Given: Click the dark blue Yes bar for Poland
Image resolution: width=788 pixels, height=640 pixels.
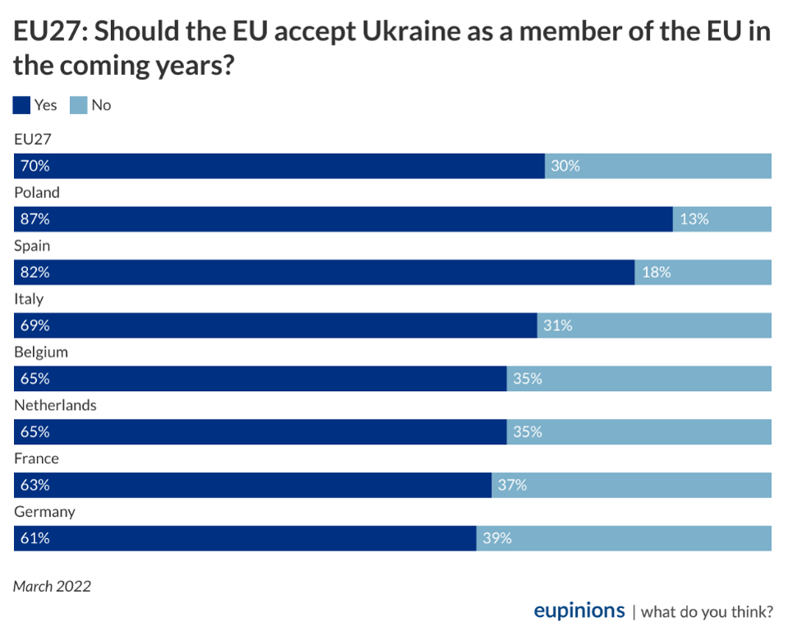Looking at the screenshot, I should (x=343, y=219).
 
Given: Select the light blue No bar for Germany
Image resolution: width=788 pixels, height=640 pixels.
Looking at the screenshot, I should (x=624, y=538).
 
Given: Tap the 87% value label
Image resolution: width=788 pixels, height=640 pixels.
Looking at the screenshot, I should (x=35, y=219).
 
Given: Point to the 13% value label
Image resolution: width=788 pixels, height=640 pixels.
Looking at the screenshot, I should (x=694, y=219).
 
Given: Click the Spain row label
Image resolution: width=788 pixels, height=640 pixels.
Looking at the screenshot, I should (x=32, y=246).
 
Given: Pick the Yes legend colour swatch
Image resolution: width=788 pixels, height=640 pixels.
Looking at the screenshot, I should (x=22, y=105).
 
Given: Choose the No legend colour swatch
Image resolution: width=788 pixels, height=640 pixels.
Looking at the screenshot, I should (x=78, y=105).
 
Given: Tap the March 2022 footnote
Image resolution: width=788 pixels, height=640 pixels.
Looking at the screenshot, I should (x=52, y=586).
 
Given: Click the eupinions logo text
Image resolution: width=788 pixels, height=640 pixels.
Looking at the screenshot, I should (x=579, y=610).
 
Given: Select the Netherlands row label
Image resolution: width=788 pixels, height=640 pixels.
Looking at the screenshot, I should (x=55, y=405).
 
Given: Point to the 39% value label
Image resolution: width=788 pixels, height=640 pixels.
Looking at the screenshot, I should (x=497, y=538).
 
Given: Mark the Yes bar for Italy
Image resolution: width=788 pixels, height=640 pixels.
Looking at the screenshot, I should (x=275, y=325).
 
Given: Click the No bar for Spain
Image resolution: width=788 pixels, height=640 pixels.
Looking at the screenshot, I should (x=703, y=272).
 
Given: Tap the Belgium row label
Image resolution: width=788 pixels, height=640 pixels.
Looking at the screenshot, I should (x=41, y=352).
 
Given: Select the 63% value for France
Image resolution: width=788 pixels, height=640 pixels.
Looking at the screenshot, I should (x=35, y=485).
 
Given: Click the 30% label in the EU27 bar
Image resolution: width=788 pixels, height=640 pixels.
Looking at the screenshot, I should (x=565, y=166).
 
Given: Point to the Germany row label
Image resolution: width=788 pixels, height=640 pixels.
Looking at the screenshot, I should (x=44, y=511).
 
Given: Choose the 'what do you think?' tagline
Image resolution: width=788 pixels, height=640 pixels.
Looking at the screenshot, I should (x=707, y=611).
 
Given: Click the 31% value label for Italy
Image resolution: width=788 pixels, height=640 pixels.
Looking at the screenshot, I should (x=558, y=325).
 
